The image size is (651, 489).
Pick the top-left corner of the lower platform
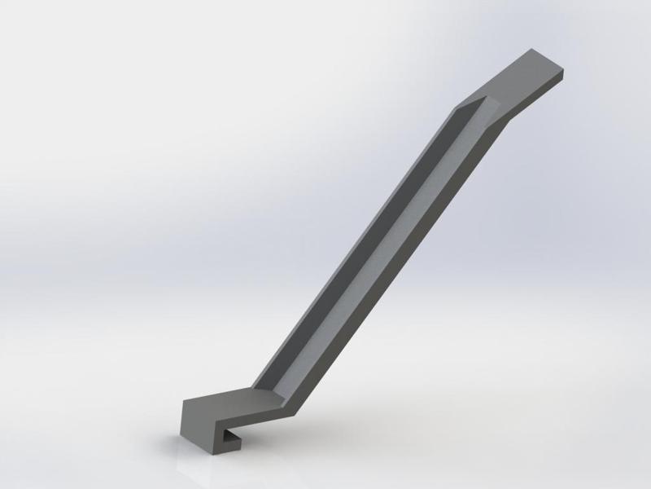coord(180,401)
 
